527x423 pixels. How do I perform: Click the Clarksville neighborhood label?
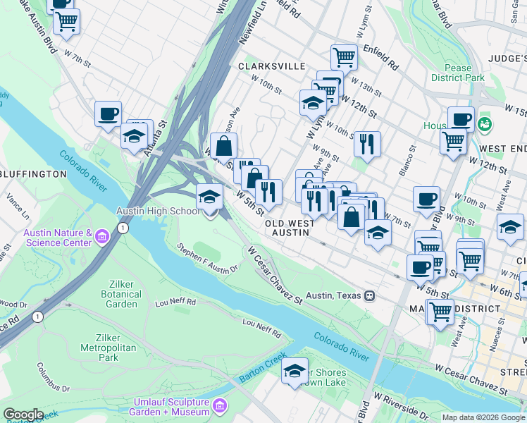[x=271, y=66]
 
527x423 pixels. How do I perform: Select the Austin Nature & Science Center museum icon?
[x=102, y=235]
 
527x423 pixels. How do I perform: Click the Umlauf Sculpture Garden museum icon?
[x=219, y=407]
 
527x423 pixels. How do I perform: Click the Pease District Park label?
[x=458, y=73]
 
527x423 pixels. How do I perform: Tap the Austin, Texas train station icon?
[x=368, y=296]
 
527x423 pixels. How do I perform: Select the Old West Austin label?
[x=289, y=228]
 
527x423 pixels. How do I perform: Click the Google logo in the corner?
[x=23, y=415]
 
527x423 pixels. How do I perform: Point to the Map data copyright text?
[x=483, y=417]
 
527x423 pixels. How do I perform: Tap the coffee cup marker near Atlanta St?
[x=108, y=114]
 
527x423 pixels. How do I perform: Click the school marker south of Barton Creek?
[x=294, y=371]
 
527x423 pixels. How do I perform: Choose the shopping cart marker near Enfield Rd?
[x=344, y=56]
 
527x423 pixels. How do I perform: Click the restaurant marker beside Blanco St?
[x=367, y=143]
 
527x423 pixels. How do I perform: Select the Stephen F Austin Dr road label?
[x=208, y=259]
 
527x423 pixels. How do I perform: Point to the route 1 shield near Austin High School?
[x=124, y=228]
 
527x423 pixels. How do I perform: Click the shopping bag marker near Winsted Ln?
[x=223, y=147]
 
